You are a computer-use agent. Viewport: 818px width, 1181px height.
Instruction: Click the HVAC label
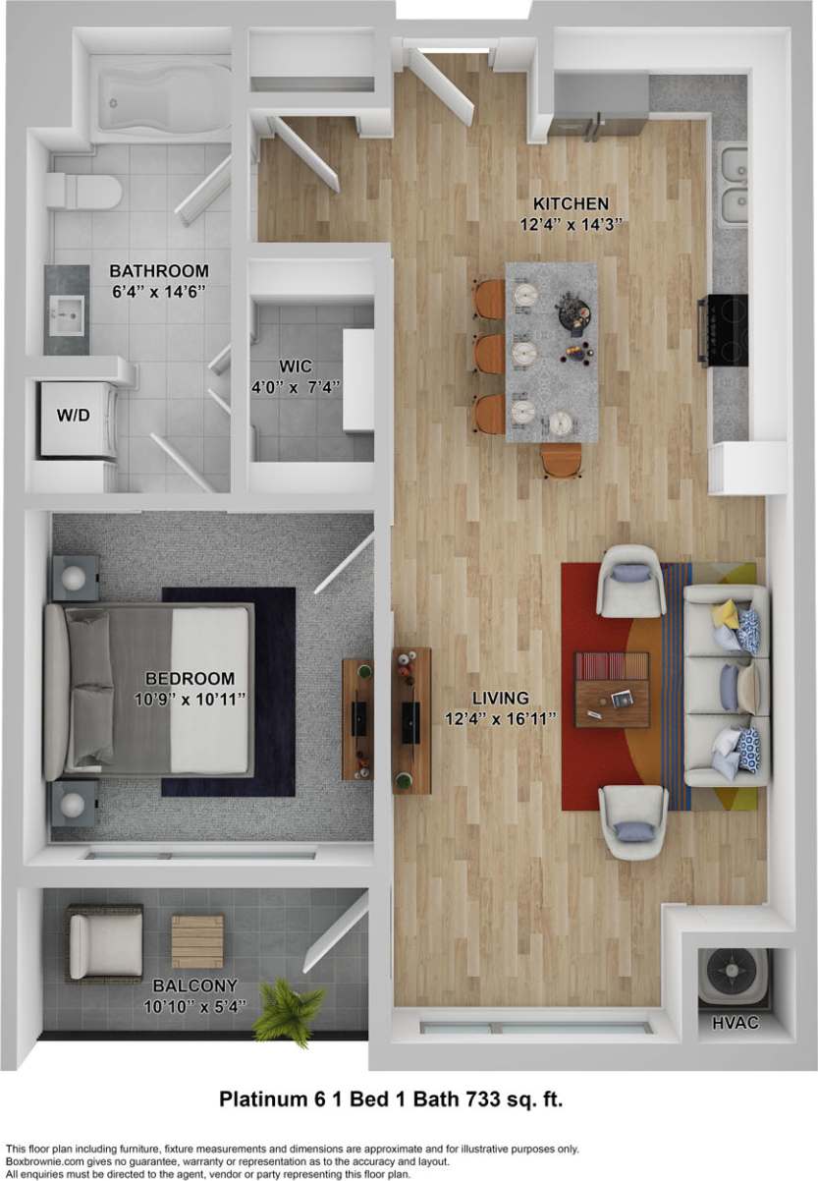[736, 1024]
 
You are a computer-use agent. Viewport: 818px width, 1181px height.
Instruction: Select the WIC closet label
[288, 366]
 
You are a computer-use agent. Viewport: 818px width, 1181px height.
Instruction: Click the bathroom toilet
[86, 192]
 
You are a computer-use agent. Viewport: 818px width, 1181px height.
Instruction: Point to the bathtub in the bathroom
[162, 104]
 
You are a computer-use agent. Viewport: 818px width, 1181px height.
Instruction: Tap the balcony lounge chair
[104, 943]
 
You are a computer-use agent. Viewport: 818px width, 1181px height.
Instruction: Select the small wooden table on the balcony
[197, 941]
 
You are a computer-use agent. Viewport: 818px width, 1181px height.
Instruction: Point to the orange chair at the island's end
[562, 460]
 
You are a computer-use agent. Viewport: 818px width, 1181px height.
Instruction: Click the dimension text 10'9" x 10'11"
[190, 699]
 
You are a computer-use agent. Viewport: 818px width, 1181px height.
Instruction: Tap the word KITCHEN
[573, 203]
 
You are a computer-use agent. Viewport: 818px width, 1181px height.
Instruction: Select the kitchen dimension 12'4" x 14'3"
[573, 224]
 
